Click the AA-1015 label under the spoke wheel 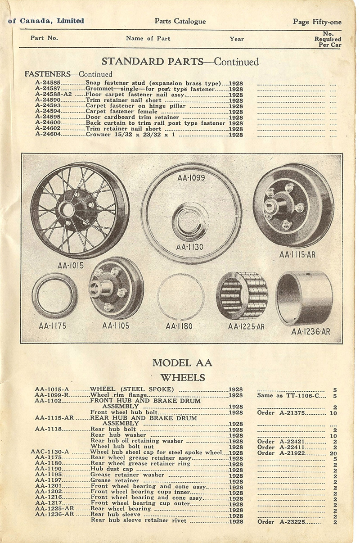coord(70,266)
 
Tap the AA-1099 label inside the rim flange coord(191,178)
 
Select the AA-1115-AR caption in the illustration coord(297,255)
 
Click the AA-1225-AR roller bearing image coord(242,296)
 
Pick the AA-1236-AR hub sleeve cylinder coord(304,298)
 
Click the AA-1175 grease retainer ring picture coord(54,295)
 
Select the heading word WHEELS coord(183,377)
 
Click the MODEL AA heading coord(182,363)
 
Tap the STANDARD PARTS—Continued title coord(180,62)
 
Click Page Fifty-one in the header coord(317,22)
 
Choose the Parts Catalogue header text coord(180,21)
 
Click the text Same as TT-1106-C coord(291,395)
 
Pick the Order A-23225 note coord(290,522)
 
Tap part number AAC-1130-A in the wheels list coord(49,452)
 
